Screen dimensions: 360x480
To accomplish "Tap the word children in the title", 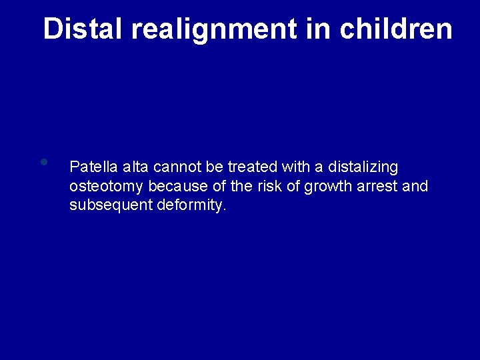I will [x=396, y=29].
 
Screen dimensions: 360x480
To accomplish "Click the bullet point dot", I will [x=43, y=162].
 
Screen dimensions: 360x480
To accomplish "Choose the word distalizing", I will [x=363, y=167].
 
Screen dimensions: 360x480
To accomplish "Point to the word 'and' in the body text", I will [x=415, y=186].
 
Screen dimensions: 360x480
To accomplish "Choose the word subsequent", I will [x=111, y=205].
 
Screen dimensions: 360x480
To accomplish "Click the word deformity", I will [x=192, y=205].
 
